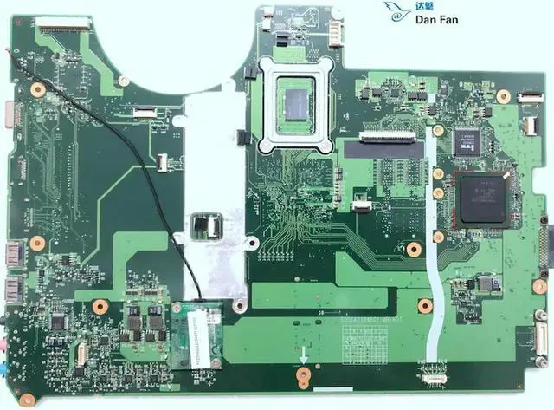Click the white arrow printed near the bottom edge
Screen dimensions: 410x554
304,356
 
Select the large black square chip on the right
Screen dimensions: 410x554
484,198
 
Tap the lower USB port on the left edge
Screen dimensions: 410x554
12,290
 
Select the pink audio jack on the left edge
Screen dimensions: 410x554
7,346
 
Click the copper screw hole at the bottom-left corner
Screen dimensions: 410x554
28,399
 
